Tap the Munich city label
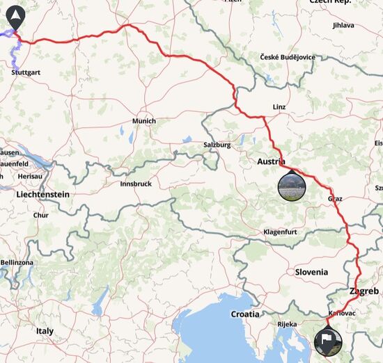tap(144, 121)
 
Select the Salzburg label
tap(217, 145)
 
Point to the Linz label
tap(279, 106)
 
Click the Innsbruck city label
tap(136, 184)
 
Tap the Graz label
tap(335, 199)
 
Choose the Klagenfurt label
tap(286, 232)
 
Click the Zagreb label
tap(364, 291)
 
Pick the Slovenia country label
tap(311, 272)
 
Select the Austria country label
tap(272, 161)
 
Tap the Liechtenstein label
tap(42, 195)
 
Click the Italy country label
tap(45, 331)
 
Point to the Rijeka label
tap(286, 324)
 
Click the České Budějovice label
tap(288, 57)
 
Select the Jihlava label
tap(343, 25)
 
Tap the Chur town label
tap(41, 216)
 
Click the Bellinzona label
tap(17, 262)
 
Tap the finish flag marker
tap(328, 341)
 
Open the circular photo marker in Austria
tap(291, 186)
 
